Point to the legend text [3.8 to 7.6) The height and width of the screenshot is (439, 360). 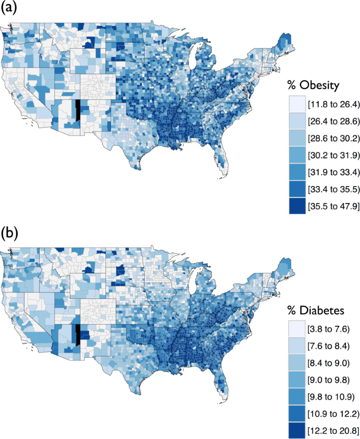(x=328, y=329)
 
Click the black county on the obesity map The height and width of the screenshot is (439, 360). (x=78, y=110)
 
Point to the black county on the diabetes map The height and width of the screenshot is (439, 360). (x=78, y=335)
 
